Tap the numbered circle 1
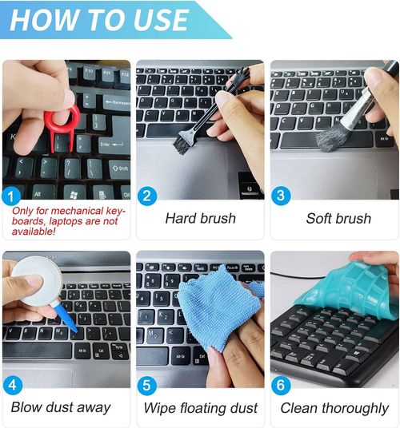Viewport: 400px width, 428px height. click(11, 196)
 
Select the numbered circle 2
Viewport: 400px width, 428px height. click(147, 196)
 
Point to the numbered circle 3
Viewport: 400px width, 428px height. click(281, 196)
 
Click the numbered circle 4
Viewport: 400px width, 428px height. click(13, 385)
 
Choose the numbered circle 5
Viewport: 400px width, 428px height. click(147, 386)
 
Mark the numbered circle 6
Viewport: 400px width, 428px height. click(281, 385)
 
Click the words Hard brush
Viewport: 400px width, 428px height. click(201, 218)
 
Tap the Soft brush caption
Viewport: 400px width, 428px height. click(338, 218)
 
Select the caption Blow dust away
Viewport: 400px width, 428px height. click(61, 407)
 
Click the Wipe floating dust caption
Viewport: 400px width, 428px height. click(201, 408)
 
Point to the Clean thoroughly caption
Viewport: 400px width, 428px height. click(334, 408)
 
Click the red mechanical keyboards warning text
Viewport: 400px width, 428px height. click(68, 221)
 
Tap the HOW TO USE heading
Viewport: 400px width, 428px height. click(99, 20)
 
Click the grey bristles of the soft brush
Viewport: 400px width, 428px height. click(331, 138)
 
